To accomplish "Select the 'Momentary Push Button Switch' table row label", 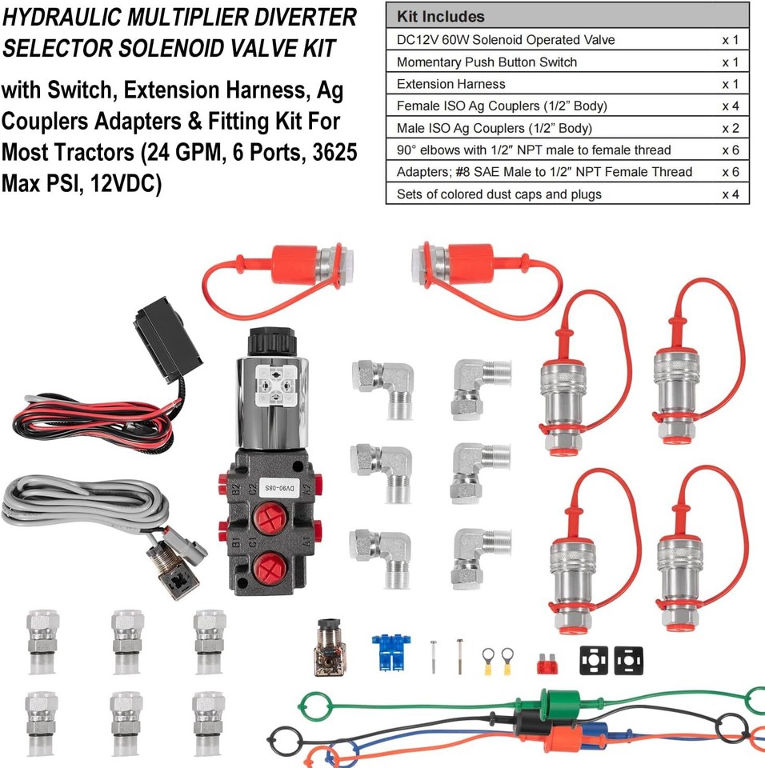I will [487, 62].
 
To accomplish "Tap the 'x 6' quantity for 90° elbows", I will [730, 150].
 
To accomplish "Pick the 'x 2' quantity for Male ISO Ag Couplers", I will [730, 128].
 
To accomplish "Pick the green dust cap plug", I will [551, 704].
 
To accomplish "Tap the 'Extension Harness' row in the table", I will [451, 84].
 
